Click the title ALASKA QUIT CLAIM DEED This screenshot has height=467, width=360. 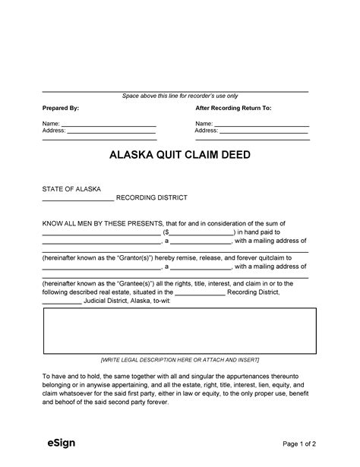pos(180,155)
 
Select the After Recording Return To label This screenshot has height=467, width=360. pos(233,109)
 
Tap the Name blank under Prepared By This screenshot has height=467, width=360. pos(108,124)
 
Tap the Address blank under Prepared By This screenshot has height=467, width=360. pos(112,131)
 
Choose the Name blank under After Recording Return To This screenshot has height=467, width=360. pos(261,124)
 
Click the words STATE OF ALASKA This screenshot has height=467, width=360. pos(71,188)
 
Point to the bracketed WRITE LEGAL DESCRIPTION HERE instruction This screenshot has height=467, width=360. pos(180,359)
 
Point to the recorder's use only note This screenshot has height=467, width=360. pos(180,96)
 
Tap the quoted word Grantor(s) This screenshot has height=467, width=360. pos(141,257)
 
